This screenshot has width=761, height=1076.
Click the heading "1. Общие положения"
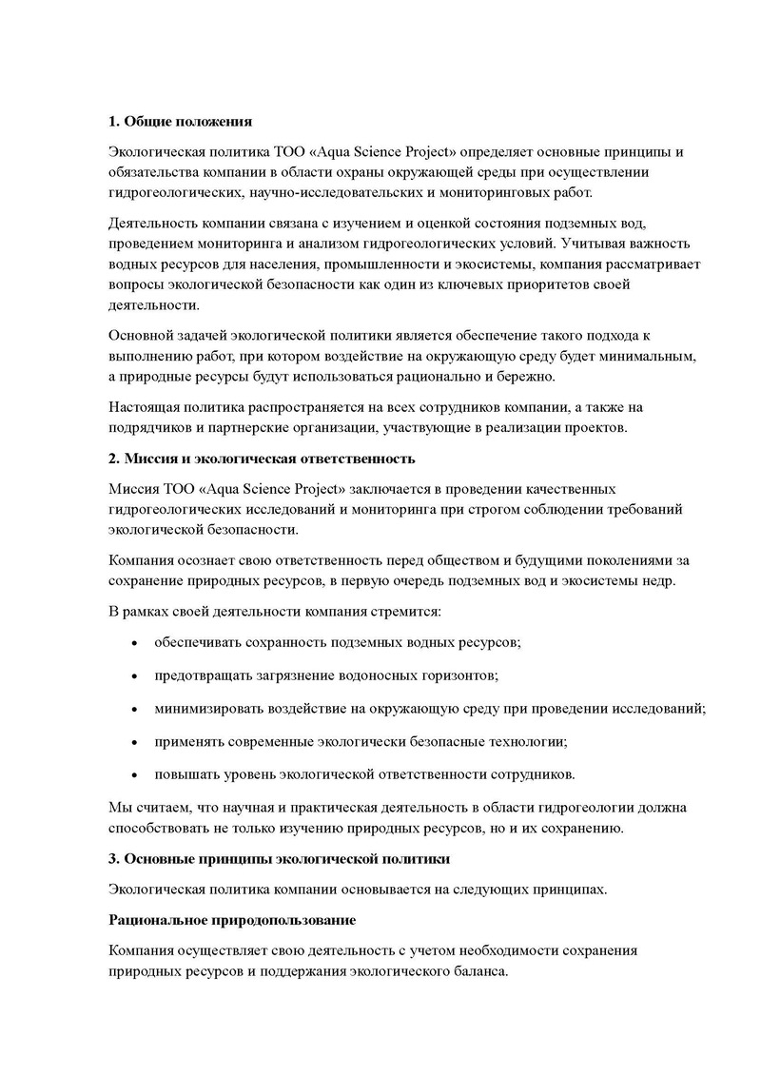[x=180, y=122]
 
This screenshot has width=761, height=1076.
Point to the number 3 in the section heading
[x=112, y=858]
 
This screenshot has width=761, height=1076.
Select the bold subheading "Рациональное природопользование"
[x=232, y=921]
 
